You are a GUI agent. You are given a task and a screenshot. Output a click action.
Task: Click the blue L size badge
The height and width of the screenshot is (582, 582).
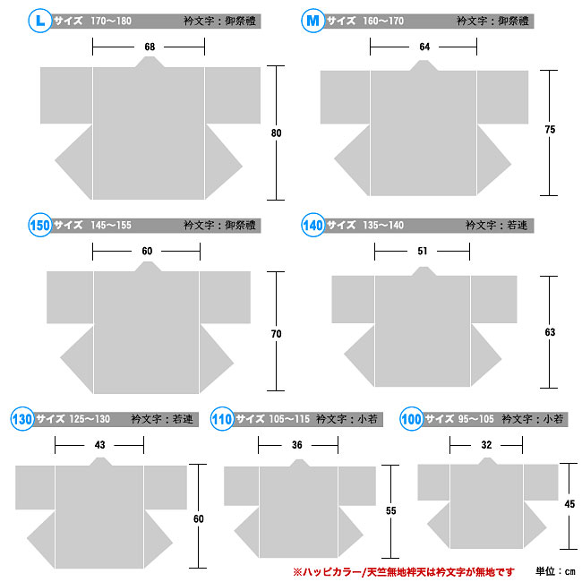[39, 21]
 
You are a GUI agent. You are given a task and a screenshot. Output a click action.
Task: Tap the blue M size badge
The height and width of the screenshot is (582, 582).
[312, 21]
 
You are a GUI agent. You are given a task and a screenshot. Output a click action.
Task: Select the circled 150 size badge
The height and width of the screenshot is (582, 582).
[39, 225]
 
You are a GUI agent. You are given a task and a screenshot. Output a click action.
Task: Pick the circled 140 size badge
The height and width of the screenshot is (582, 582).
[312, 225]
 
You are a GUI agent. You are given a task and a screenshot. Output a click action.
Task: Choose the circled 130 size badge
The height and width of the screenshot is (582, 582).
[22, 419]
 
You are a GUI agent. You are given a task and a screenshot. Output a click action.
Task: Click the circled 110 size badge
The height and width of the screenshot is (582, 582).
[222, 419]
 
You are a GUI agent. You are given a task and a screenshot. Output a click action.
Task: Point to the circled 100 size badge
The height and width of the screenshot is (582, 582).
[411, 419]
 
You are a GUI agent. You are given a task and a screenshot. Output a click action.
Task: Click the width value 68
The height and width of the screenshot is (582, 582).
[150, 47]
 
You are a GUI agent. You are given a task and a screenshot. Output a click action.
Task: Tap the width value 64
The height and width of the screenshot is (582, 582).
[424, 47]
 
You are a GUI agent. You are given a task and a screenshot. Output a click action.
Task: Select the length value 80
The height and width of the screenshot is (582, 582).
[276, 133]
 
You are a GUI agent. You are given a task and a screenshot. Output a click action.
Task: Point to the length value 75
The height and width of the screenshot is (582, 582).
[550, 129]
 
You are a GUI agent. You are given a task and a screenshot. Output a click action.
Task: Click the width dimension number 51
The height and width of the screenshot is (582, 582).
[423, 251]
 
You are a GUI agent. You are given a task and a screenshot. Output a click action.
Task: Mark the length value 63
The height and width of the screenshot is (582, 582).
[550, 332]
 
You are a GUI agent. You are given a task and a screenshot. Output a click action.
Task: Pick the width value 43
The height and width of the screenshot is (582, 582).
[99, 445]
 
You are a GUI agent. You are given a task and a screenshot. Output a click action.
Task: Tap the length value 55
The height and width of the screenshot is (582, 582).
[390, 510]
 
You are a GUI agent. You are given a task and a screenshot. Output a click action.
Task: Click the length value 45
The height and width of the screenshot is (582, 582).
[569, 504]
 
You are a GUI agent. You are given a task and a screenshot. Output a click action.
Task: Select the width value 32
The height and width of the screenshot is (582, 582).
[486, 445]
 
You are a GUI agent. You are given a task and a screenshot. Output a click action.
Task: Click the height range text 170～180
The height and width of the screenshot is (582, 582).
[111, 21]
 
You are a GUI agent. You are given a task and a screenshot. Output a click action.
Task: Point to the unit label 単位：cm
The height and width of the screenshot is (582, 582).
[555, 571]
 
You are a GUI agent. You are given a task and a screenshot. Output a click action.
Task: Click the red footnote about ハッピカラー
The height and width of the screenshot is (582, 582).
[404, 572]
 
